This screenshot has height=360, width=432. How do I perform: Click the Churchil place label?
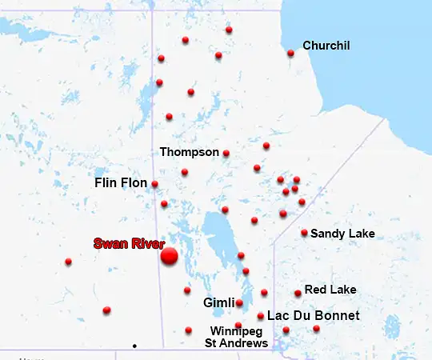point(326,46)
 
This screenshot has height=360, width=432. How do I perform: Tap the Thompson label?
point(189,151)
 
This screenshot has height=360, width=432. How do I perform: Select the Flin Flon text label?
point(121,183)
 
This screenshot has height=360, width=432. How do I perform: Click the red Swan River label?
point(128,243)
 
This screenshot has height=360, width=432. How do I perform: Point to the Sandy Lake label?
point(342,234)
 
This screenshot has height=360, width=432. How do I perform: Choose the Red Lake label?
point(330,289)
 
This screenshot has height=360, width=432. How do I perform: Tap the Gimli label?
point(218,303)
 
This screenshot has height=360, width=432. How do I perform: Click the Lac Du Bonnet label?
point(313,316)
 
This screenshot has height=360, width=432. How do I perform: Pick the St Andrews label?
point(237,343)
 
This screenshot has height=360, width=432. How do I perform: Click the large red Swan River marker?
point(169,256)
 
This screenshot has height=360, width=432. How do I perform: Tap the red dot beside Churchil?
point(290,54)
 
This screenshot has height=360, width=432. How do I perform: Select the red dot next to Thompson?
point(226,153)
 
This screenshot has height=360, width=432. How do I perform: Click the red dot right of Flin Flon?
point(154,184)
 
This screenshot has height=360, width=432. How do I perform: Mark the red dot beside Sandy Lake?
point(304,233)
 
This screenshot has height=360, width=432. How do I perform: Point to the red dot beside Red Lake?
point(298,293)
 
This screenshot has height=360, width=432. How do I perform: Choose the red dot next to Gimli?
point(239,302)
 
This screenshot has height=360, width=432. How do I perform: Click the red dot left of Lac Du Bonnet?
point(261,316)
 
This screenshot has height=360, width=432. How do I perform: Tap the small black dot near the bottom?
point(134,346)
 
